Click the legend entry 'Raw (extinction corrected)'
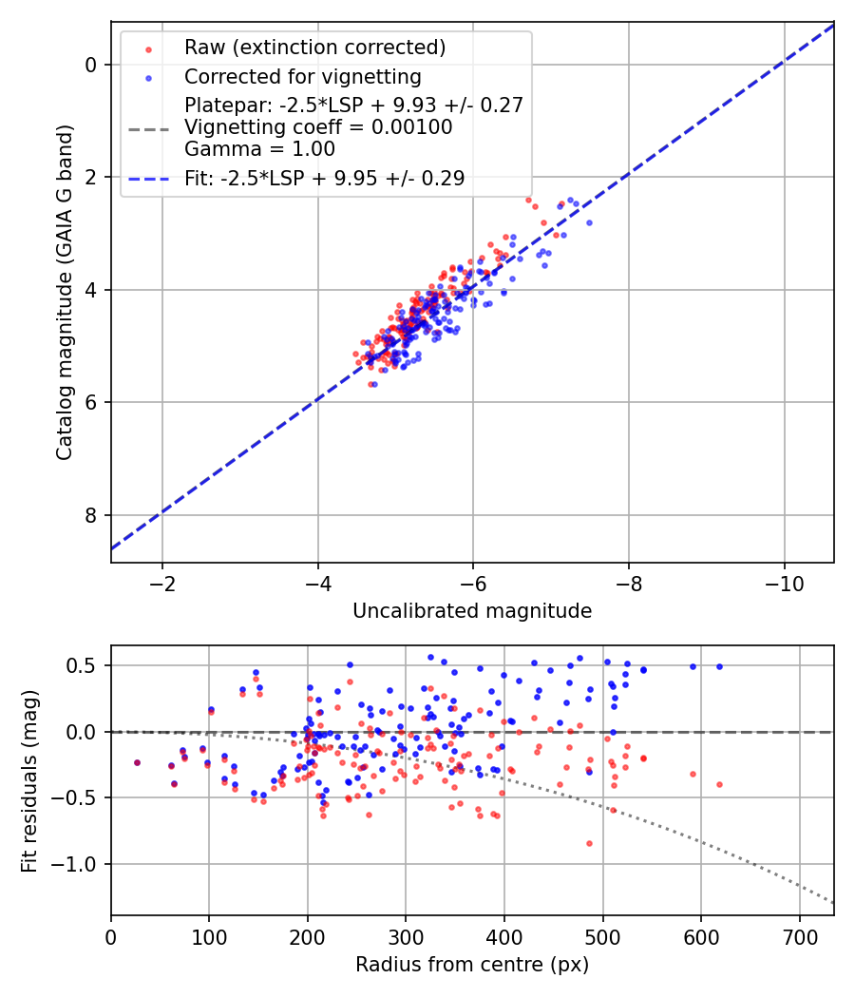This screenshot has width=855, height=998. pos(314,48)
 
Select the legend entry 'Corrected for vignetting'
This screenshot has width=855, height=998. pos(302,76)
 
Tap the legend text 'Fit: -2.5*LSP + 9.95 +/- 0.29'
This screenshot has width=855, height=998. pos(324,179)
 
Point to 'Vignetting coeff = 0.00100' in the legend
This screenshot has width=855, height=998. pos(318,127)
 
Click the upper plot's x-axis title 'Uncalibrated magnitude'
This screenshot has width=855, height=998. pos(472,611)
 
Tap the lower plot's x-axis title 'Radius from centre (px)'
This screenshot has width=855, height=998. pos(472,965)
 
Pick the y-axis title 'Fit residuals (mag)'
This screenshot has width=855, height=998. pos(30,780)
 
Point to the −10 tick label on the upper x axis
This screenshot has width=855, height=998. pos(784,582)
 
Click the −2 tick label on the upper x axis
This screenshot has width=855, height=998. pos(161,582)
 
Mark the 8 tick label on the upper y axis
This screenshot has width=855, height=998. pos(91,515)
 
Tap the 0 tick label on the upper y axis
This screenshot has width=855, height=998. pos(91,65)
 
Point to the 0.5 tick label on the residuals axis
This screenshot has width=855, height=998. pos(83,665)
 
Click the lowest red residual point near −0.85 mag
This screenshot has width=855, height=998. pos(589,843)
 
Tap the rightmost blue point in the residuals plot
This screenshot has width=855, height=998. pos(719,666)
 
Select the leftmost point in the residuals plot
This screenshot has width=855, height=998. pos(137,762)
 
